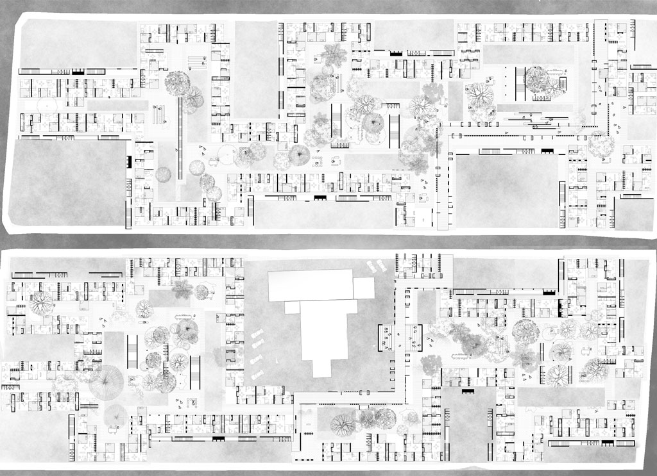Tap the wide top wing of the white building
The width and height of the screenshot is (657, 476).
point(311,285)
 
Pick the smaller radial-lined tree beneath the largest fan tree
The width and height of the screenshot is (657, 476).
point(116,415)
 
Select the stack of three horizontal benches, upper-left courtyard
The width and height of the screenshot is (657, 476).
point(196,62)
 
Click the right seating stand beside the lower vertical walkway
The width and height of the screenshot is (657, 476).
point(414,336)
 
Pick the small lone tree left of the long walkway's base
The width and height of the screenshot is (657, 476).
point(164,174)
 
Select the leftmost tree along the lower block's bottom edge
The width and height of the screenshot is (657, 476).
point(343,424)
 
